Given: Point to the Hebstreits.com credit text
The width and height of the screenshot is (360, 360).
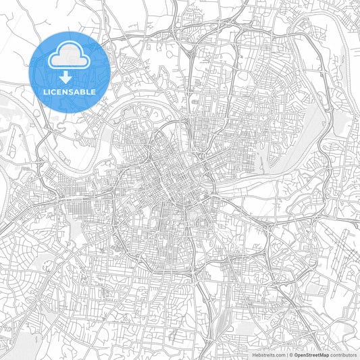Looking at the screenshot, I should [x=269, y=353].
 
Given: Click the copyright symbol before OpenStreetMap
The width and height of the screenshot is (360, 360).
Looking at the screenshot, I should [x=291, y=353].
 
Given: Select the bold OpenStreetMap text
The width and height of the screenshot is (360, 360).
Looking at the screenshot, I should [x=312, y=353].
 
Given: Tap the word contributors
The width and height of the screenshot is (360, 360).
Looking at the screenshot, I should [x=344, y=353].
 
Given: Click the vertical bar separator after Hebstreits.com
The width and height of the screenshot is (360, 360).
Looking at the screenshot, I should [x=287, y=353].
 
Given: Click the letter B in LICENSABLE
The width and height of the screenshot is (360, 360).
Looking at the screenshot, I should [x=83, y=91].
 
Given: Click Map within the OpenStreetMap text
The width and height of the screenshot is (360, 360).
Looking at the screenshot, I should [x=324, y=353].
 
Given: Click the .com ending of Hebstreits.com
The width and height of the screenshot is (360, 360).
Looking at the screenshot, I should [x=280, y=353].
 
